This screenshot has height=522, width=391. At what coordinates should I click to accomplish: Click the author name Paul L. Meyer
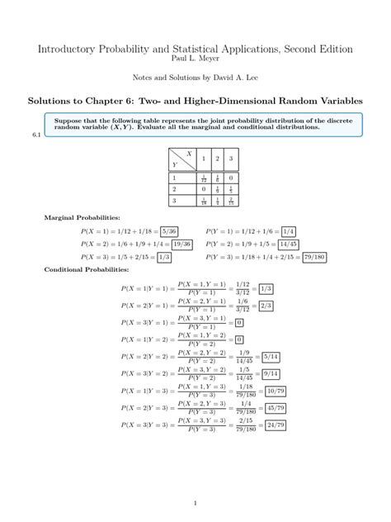(x=195, y=59)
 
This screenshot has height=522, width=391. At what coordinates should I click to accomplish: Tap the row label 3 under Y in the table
(x=174, y=201)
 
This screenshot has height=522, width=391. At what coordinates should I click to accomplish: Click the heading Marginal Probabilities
(x=82, y=218)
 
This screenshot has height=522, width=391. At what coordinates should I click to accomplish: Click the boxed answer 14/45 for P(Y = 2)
(x=289, y=244)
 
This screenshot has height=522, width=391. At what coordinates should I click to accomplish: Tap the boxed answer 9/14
(x=269, y=373)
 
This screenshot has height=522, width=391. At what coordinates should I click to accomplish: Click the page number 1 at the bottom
(x=195, y=503)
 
